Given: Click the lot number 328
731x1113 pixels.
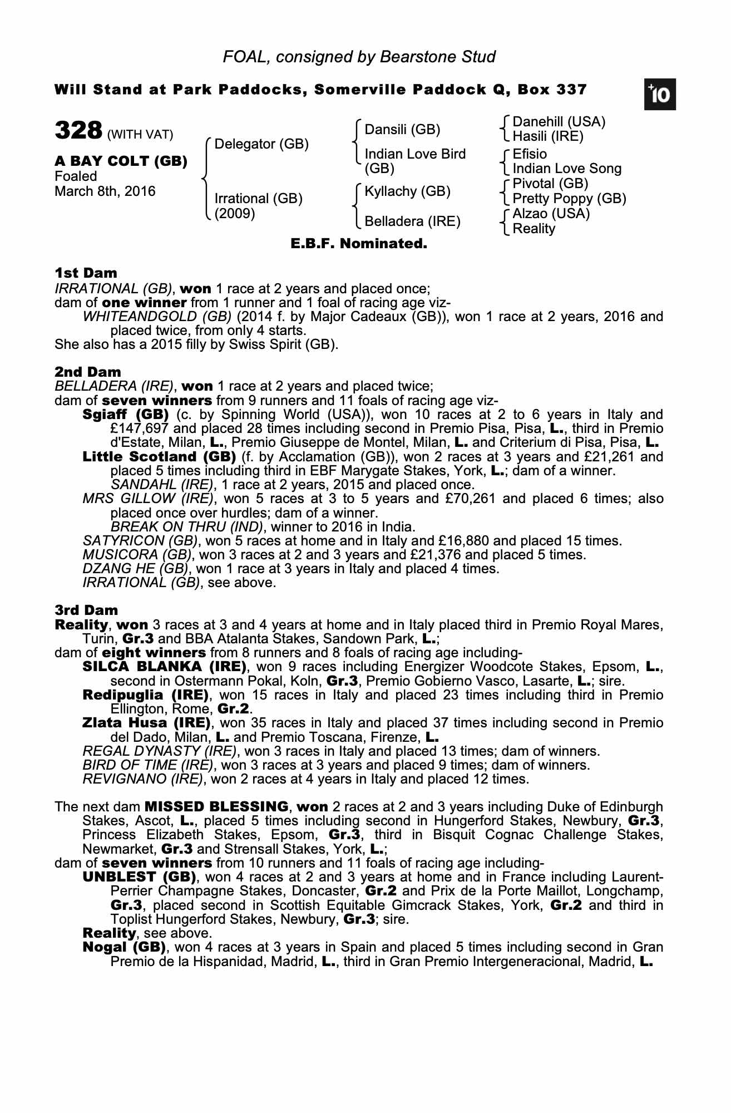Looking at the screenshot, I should pos(78,131).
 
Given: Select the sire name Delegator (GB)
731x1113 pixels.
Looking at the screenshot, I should pos(261,144).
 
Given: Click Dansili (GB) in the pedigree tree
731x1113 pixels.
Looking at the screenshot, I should pos(402,130).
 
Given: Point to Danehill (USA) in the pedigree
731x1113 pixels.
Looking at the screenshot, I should pos(559,122).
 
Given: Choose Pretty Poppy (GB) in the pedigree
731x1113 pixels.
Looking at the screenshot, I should pos(569,199).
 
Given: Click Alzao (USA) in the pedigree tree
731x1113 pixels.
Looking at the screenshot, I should pos(551,214).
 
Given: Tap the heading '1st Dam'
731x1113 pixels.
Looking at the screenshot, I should pos(86,273).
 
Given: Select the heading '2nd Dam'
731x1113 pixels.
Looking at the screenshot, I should pos(87,372).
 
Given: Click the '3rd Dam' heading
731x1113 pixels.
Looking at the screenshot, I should pos(86,610).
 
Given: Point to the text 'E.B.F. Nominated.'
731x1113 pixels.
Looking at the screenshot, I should pos(359,244).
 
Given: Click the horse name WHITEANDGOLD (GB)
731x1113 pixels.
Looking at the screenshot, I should pos(157,317).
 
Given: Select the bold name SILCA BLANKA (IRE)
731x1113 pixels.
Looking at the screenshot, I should pos(164,667).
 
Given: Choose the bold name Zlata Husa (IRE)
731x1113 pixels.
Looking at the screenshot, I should pos(146,723).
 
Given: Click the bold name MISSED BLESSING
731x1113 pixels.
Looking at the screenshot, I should pos(216,807).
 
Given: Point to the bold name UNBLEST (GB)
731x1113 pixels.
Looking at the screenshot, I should pos(139,877).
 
